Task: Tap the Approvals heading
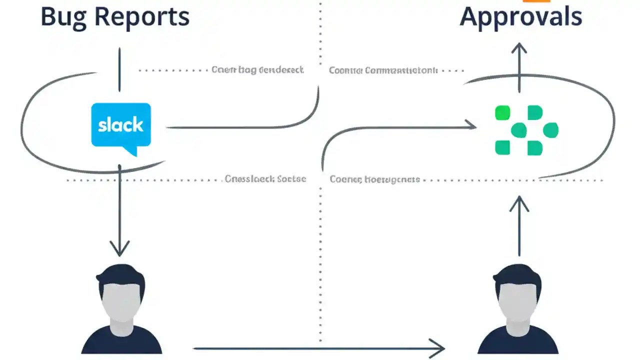point(520,17)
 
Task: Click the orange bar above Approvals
point(536,1)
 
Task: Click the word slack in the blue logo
point(120,124)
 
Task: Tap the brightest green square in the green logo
point(502,113)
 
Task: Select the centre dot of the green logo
point(518,130)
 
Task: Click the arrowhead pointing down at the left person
point(119,248)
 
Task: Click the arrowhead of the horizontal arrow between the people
point(437,348)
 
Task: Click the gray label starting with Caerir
point(257,70)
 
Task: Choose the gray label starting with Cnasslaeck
point(265,179)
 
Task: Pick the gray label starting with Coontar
point(383,70)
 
